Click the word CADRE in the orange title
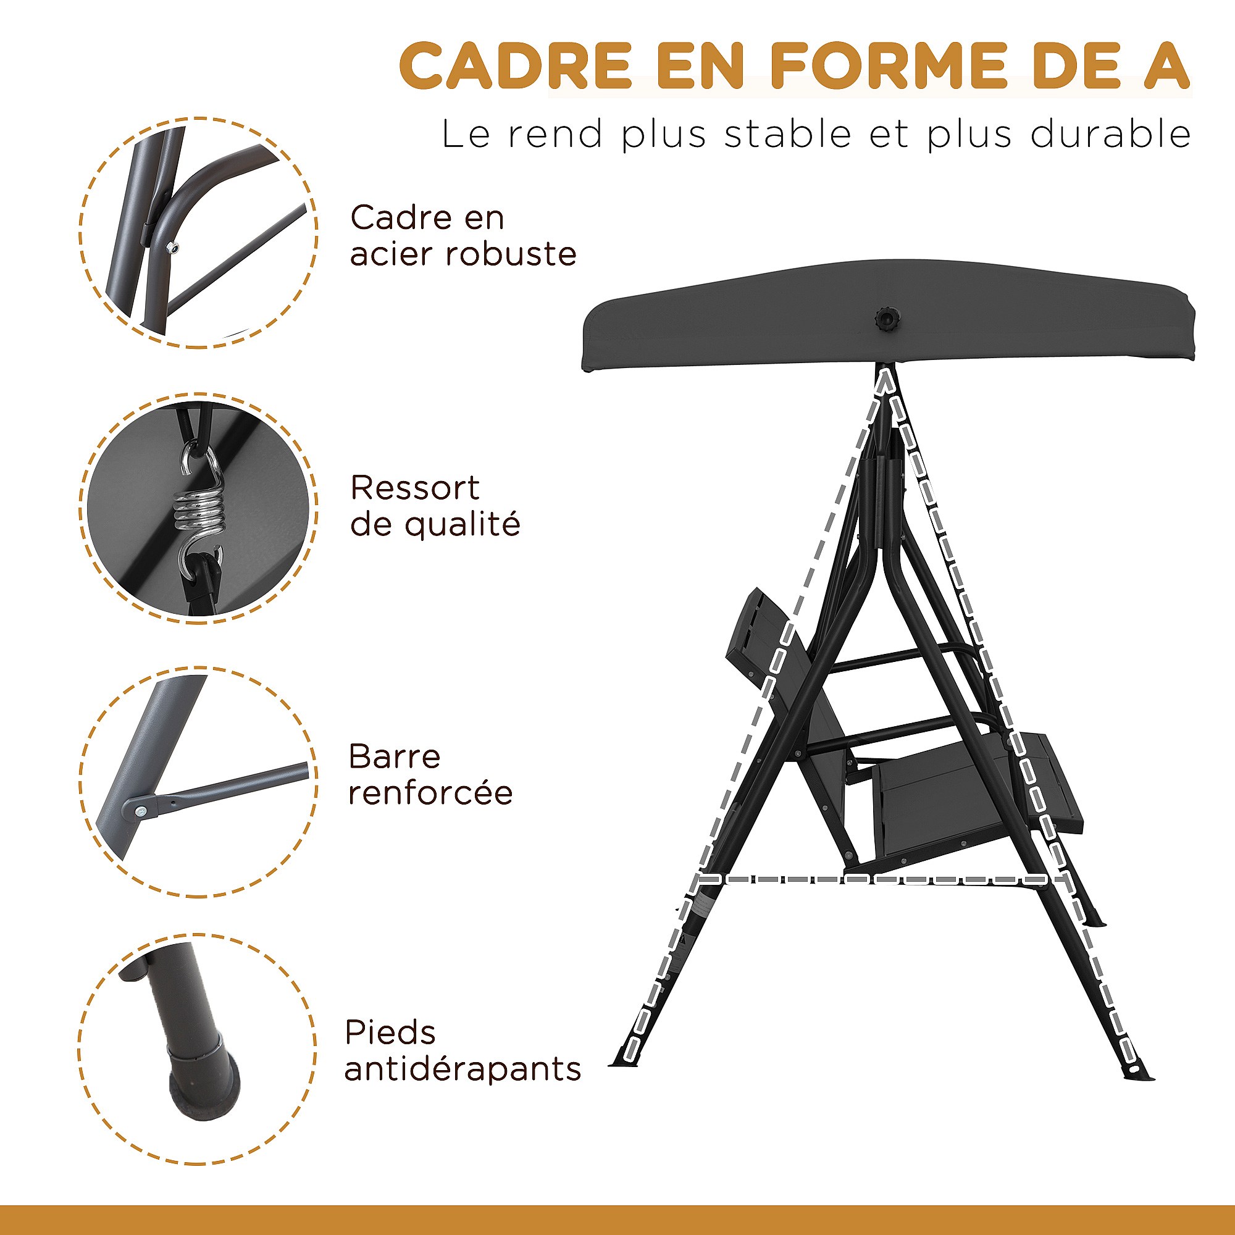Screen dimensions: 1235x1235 coord(515,66)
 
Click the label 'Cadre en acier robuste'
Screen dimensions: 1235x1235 coord(463,236)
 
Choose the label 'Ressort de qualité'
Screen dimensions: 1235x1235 coord(435,506)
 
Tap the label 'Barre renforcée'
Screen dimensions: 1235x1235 coord(430,776)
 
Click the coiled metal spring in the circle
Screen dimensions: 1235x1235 coord(198,513)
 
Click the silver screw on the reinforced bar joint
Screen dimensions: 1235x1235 coord(140,812)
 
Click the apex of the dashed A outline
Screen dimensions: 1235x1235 coord(885,374)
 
